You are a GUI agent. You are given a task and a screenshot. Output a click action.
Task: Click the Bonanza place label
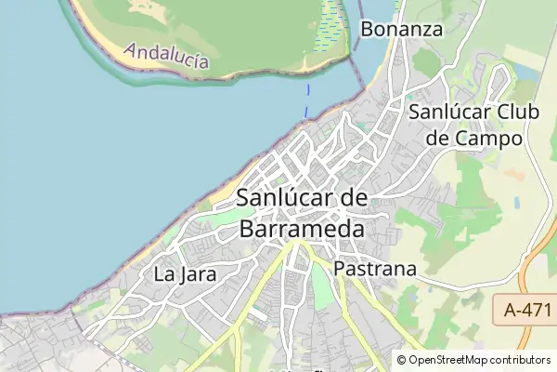(x=401, y=29)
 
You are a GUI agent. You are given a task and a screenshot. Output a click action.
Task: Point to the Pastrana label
(x=374, y=269)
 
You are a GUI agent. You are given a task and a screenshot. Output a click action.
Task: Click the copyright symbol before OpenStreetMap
(x=402, y=360)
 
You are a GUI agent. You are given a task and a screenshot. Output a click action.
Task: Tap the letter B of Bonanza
(x=367, y=29)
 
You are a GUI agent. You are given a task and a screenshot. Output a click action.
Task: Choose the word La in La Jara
(x=164, y=274)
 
